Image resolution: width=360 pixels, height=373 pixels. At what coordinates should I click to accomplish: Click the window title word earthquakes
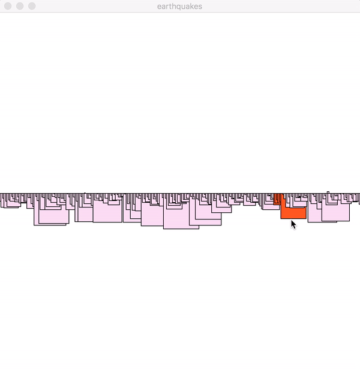click(179, 7)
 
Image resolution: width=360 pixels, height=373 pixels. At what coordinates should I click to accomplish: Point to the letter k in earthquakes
click(192, 7)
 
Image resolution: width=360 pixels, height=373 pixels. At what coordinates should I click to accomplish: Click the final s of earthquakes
click(200, 7)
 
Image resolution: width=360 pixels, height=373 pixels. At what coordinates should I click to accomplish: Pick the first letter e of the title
click(159, 7)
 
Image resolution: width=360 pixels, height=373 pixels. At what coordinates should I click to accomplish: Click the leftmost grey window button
click(8, 6)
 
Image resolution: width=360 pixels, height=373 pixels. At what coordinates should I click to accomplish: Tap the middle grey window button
click(20, 6)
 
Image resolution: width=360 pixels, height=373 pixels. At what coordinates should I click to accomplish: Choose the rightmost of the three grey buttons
click(32, 6)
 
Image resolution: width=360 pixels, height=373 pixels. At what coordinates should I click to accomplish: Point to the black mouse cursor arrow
click(293, 224)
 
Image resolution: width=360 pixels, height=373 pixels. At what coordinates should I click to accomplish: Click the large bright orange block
click(293, 213)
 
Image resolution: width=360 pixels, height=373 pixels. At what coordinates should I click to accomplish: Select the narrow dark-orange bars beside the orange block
click(277, 199)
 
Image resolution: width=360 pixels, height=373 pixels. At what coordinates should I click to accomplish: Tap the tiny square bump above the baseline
click(328, 192)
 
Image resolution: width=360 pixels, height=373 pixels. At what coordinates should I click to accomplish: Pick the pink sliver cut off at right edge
click(359, 199)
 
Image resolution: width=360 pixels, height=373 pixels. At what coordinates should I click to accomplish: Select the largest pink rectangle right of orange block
click(335, 212)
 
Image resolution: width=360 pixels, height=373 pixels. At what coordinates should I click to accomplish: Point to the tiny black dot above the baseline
click(85, 193)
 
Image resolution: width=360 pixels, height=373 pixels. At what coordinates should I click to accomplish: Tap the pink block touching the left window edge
click(2, 200)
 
